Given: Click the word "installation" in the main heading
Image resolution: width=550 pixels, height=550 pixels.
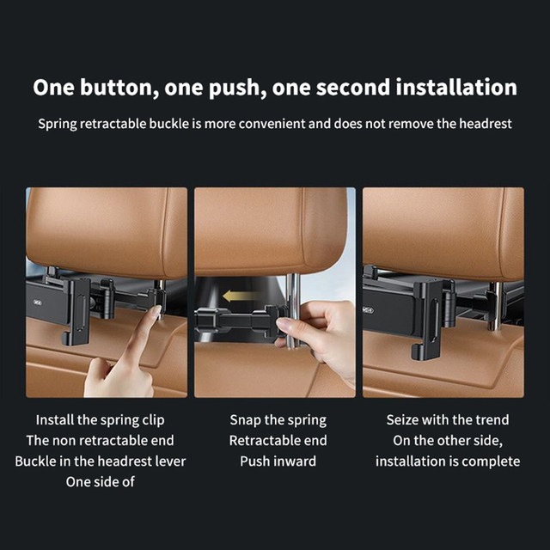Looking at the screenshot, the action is [x=456, y=88].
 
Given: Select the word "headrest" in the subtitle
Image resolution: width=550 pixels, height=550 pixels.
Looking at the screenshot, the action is [x=486, y=124].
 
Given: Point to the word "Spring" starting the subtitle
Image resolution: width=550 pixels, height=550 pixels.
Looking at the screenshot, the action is [x=58, y=125].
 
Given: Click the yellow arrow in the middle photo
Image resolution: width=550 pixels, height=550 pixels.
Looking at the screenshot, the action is [x=240, y=296].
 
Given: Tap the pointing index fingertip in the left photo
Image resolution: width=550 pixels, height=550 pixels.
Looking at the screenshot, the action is [x=156, y=311].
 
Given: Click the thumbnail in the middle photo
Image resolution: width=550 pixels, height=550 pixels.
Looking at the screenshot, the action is [x=284, y=326].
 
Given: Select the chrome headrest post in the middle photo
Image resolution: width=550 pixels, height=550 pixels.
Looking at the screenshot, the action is [x=293, y=309].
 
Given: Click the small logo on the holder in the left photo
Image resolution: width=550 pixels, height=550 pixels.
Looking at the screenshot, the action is [x=37, y=302].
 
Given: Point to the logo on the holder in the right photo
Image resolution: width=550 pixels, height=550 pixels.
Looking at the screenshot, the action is [x=369, y=310].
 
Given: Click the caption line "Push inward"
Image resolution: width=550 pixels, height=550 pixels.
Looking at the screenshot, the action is [x=278, y=461].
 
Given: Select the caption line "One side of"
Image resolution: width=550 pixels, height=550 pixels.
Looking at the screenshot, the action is [x=100, y=482].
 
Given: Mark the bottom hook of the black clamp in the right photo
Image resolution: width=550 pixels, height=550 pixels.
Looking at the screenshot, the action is [x=418, y=353].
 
